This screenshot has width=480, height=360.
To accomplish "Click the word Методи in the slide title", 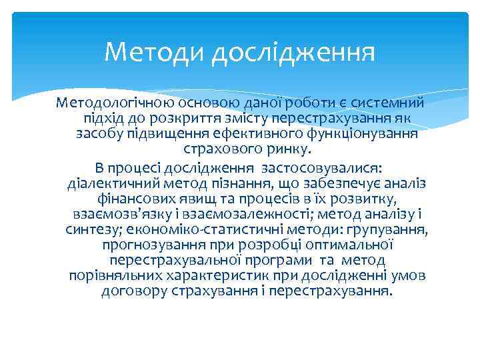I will (x=155, y=51).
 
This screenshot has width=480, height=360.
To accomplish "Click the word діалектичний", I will (x=115, y=183).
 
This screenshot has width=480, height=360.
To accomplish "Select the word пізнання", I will (x=251, y=183).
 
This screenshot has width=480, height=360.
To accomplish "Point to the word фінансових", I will (x=131, y=199).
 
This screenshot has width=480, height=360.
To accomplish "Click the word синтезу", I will (x=91, y=230).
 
